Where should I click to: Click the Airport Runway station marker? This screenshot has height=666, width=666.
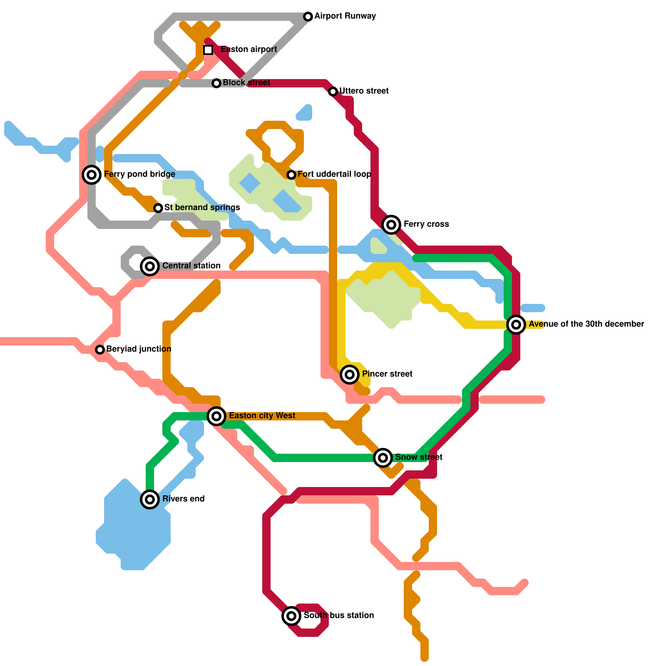[308, 17]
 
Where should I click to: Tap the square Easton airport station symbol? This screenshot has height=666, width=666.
[208, 50]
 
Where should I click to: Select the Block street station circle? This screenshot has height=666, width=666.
[216, 83]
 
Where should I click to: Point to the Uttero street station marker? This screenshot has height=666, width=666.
[333, 92]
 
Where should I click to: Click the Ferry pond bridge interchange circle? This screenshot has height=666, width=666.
[92, 175]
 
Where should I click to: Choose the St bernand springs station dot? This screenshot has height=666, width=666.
[158, 208]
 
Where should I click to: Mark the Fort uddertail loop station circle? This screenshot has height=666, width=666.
[291, 175]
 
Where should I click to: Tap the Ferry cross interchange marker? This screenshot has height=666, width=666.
[391, 225]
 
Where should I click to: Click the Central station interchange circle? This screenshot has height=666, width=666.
[150, 266]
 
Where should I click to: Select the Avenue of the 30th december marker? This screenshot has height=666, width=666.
[516, 325]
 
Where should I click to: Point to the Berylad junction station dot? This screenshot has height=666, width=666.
[100, 350]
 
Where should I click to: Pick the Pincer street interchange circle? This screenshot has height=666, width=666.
[350, 375]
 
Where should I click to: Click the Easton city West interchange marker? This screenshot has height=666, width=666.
[216, 416]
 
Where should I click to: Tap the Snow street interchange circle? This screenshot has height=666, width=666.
[383, 458]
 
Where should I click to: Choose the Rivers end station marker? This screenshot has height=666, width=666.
[150, 499]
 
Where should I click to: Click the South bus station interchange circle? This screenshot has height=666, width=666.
[291, 616]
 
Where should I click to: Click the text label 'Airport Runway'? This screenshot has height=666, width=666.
[345, 16]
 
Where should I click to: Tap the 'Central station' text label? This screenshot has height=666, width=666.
[191, 266]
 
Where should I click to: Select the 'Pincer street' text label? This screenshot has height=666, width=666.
[387, 374]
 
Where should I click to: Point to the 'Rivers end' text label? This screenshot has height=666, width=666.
[183, 499]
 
